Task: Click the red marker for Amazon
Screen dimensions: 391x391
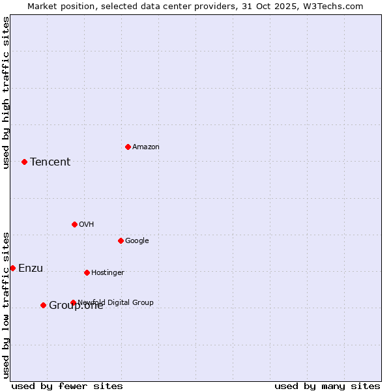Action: [x=128, y=147]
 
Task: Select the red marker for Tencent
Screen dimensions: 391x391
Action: [x=24, y=162]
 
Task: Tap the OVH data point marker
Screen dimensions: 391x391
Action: [x=74, y=224]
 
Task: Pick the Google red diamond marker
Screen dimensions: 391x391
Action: [x=121, y=240]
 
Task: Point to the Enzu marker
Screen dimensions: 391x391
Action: [x=12, y=268]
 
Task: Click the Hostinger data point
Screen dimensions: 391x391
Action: [x=87, y=272]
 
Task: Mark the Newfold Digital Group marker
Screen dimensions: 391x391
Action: [x=73, y=302]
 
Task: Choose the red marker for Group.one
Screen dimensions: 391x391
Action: [x=43, y=305]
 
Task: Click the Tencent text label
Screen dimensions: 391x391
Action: [x=50, y=162]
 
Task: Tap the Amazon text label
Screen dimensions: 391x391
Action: [x=145, y=147]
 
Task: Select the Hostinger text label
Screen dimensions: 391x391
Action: [x=108, y=272]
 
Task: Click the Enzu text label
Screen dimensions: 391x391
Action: [x=31, y=268]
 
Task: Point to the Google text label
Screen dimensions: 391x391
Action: [x=137, y=240]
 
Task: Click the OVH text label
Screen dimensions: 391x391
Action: [x=86, y=224]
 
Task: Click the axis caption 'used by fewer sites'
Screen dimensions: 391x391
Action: [x=67, y=386]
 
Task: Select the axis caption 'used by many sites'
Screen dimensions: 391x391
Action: [x=327, y=386]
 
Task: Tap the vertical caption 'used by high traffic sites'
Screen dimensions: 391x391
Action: [x=6, y=93]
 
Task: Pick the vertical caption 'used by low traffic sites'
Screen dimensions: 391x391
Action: [x=6, y=305]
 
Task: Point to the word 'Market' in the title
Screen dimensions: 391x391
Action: [x=44, y=6]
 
